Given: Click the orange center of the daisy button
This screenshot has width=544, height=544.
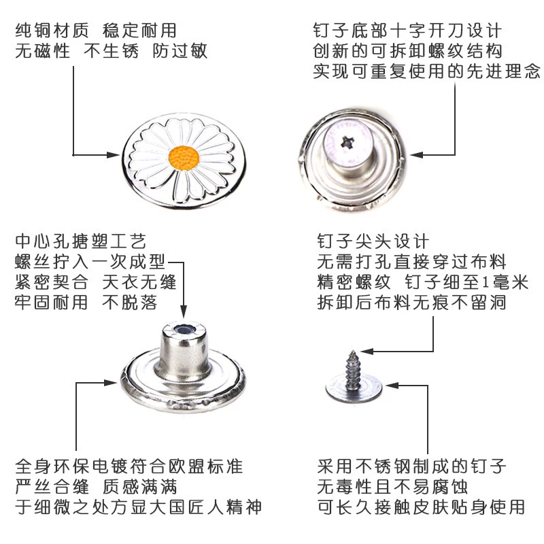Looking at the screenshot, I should pyautogui.click(x=184, y=158).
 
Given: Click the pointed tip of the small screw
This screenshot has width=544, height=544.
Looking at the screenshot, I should pyautogui.click(x=355, y=352).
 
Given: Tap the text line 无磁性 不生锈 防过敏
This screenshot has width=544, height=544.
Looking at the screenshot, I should pyautogui.click(x=110, y=51).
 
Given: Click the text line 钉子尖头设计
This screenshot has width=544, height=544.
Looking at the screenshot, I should pyautogui.click(x=373, y=241).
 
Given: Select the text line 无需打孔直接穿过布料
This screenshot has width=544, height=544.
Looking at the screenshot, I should pyautogui.click(x=412, y=262).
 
